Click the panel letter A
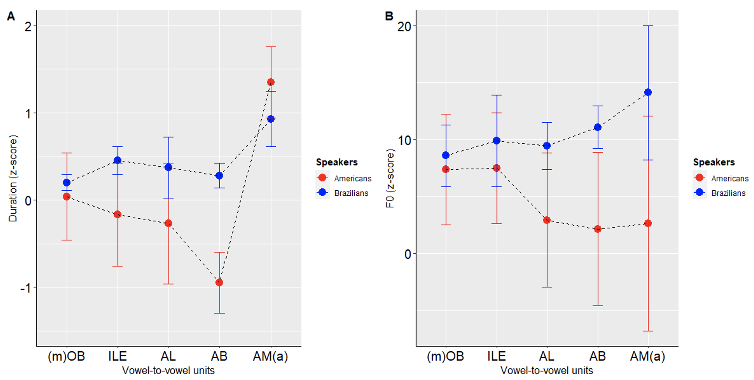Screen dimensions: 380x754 coord(11,16)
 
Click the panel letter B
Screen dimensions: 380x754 coord(389,16)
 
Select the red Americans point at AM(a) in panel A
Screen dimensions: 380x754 coord(271,82)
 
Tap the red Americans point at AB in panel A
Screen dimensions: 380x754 coord(219,282)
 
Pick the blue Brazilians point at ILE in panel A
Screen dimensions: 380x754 coord(117,160)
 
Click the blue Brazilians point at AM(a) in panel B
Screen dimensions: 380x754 coord(648,92)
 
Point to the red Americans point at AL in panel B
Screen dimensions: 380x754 coord(547,220)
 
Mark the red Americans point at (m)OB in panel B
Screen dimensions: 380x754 coord(446,169)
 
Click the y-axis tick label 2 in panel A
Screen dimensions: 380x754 coord(28,26)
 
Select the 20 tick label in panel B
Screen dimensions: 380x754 coord(406,26)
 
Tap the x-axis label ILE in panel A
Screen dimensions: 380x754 coord(117,356)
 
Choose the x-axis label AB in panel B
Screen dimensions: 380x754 coord(598,356)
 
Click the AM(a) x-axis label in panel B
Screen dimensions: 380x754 coord(647,356)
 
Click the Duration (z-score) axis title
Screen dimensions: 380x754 coord(13,178)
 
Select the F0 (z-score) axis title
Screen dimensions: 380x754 coord(390,178)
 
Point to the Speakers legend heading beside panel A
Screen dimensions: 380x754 coord(337,162)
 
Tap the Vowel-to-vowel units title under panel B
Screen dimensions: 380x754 coord(547,371)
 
